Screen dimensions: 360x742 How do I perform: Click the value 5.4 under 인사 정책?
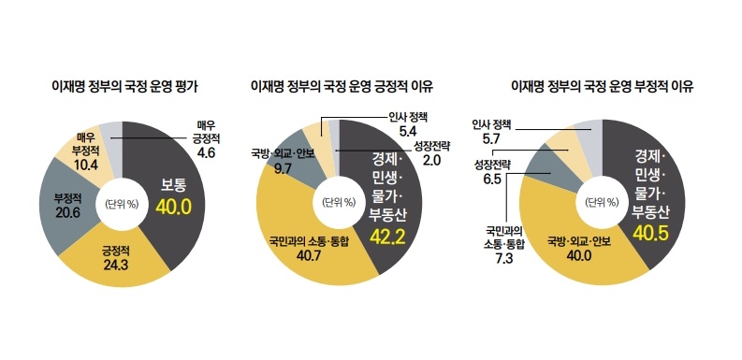tap(406, 132)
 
